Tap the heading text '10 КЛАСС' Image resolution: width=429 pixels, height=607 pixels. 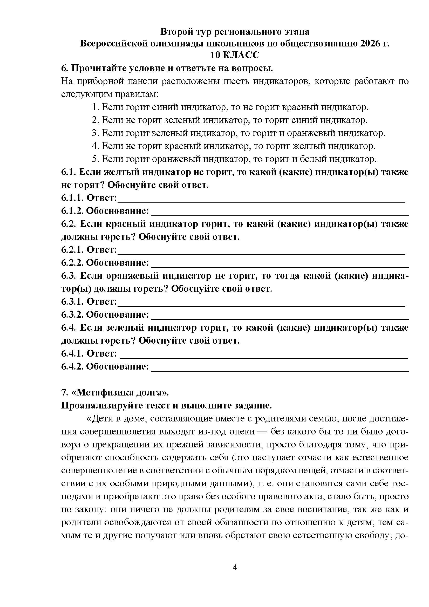point(235,55)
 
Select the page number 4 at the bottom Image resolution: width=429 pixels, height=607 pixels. point(235,567)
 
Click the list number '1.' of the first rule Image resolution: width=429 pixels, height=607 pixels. point(96,107)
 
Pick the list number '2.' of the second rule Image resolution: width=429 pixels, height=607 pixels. point(96,120)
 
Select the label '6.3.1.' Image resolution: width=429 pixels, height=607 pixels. point(72,302)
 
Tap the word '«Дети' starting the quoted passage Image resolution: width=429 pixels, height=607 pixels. point(100,419)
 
